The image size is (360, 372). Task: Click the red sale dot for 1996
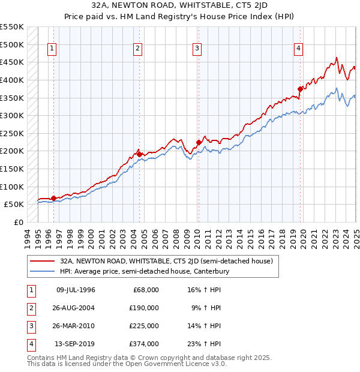[53, 198]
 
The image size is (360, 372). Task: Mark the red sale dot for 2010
[199, 142]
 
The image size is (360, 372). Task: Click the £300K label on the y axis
[12, 115]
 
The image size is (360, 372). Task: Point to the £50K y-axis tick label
[14, 204]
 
